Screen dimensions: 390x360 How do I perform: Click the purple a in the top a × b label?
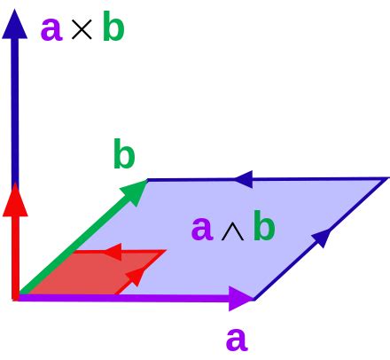pyautogui.click(x=51, y=29)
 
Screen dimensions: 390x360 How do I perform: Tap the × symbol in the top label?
pyautogui.click(x=82, y=29)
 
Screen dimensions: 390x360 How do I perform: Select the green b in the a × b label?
pyautogui.click(x=113, y=28)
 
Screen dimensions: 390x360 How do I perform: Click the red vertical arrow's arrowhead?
pyautogui.click(x=14, y=201)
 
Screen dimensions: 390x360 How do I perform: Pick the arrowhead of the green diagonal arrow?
pyautogui.click(x=136, y=190)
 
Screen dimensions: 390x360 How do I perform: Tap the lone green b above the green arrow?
pyautogui.click(x=124, y=156)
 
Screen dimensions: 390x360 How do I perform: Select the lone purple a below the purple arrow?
pyautogui.click(x=236, y=339)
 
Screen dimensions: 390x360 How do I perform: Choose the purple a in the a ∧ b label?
pyautogui.click(x=202, y=229)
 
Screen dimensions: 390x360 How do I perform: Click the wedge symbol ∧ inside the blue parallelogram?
pyautogui.click(x=232, y=231)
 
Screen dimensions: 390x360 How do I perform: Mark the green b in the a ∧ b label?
pyautogui.click(x=263, y=228)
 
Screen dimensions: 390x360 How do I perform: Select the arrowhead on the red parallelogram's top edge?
pyautogui.click(x=113, y=253)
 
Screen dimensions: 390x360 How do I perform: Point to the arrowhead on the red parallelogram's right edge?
pyautogui.click(x=136, y=277)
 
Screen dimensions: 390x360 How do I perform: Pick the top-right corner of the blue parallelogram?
pyautogui.click(x=386, y=180)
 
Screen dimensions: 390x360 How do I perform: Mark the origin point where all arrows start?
pyautogui.click(x=15, y=297)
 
